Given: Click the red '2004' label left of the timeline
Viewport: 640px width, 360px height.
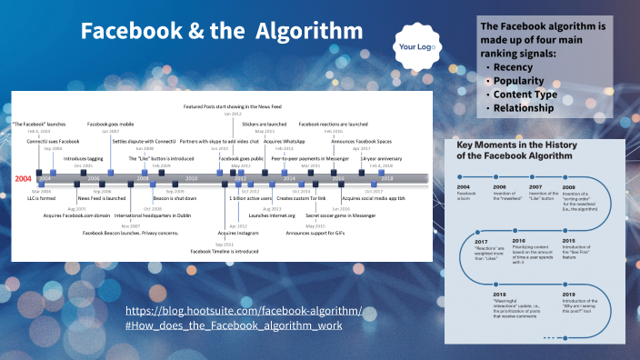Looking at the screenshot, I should coord(24,179).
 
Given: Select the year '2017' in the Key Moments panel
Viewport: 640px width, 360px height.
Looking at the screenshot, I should coord(481,241).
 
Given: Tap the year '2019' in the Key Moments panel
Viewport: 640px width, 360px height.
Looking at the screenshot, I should coord(568,295).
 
